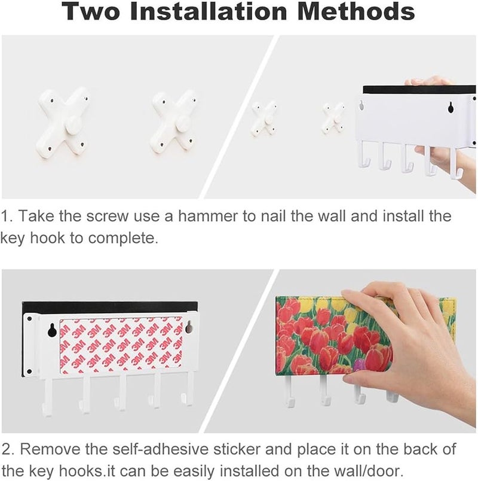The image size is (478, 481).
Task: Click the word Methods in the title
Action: pyautogui.click(x=356, y=11)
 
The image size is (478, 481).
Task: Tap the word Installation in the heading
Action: pyautogui.click(x=209, y=11)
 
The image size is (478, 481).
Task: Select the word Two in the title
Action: pyautogui.click(x=91, y=11)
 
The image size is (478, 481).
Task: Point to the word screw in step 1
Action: pyautogui.click(x=107, y=216)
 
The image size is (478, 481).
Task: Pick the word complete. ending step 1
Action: pyautogui.click(x=123, y=238)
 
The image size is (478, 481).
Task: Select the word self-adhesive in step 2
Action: pyautogui.click(x=160, y=449)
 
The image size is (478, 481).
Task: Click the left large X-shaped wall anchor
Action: pyautogui.click(x=63, y=123)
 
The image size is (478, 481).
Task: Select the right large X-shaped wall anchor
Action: pyautogui.click(x=173, y=123)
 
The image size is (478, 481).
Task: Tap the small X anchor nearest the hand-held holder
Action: pyautogui.click(x=333, y=118)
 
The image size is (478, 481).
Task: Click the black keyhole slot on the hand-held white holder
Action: pyautogui.click(x=451, y=107)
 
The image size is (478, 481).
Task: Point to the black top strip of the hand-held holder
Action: pyautogui.click(x=419, y=90)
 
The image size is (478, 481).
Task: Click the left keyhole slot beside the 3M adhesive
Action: pyautogui.click(x=52, y=330)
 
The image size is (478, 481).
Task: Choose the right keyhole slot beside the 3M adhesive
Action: pyautogui.click(x=189, y=327)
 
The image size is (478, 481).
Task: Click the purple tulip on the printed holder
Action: pyautogui.click(x=359, y=366)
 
